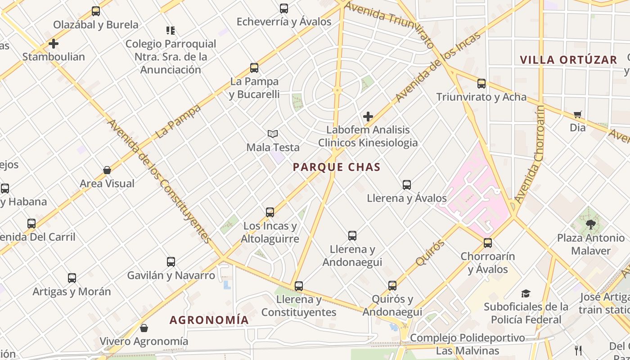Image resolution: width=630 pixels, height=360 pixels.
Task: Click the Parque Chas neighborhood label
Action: (337, 167)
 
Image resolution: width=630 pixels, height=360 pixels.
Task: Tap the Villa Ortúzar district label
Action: (568, 60)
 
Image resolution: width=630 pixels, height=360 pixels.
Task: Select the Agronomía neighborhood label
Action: (209, 320)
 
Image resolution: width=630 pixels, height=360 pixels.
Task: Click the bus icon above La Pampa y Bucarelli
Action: (254, 68)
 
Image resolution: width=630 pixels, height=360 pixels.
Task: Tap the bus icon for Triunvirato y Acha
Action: (481, 83)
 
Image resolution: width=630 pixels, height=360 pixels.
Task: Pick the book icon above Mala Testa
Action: (272, 134)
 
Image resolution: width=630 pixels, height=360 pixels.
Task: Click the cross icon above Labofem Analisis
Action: (368, 117)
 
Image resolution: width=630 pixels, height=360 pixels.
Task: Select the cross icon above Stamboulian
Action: (54, 44)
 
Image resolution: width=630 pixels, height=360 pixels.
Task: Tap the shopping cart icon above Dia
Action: (578, 114)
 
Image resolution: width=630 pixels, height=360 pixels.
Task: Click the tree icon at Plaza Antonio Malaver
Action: (590, 224)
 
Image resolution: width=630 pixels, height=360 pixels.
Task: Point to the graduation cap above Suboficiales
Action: (526, 294)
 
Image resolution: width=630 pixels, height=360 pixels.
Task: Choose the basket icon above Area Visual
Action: (107, 170)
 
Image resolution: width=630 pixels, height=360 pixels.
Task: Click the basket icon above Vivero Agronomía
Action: (144, 328)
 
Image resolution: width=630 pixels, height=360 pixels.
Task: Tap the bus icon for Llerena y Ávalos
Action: (407, 184)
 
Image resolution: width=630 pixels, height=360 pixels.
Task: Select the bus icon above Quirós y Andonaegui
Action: (392, 286)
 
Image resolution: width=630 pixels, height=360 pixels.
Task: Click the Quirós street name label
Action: (431, 253)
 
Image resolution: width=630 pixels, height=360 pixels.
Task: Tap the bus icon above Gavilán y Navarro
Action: (171, 262)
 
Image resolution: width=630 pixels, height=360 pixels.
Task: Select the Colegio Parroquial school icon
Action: (171, 31)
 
